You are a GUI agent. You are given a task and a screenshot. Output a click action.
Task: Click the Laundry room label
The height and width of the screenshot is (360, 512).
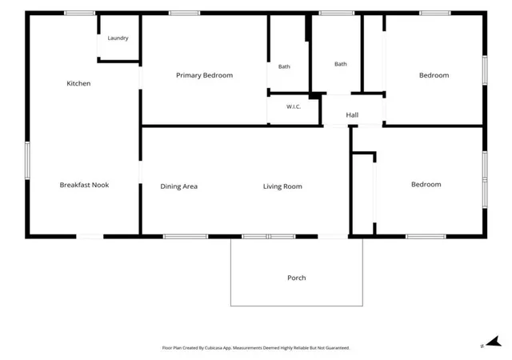click(x=118, y=38)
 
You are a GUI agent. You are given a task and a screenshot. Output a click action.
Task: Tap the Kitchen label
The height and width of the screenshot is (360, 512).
click(x=78, y=83)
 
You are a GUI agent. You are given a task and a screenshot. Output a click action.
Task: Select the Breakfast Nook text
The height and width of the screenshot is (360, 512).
click(x=84, y=185)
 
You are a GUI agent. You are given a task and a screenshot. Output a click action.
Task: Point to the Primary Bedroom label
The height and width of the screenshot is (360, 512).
click(x=205, y=75)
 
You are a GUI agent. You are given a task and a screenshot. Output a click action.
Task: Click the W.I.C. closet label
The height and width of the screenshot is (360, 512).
click(x=294, y=106)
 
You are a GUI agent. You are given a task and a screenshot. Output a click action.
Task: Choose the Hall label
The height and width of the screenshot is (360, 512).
click(x=352, y=115)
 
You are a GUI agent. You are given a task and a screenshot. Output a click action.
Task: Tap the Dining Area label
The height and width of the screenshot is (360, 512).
click(x=179, y=186)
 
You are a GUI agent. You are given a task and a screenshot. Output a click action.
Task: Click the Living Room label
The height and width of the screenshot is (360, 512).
click(x=282, y=186)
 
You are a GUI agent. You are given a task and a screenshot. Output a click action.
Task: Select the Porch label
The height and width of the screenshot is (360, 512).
click(x=297, y=278)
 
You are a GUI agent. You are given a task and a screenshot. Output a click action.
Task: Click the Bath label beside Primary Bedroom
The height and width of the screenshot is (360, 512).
click(x=284, y=66)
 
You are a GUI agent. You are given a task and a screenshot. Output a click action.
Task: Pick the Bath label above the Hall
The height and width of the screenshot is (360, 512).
click(x=341, y=64)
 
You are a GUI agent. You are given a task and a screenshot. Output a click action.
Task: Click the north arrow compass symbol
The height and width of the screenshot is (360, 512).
click(x=494, y=342)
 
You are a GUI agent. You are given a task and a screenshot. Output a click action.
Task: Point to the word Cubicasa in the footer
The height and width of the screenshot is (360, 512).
click(x=214, y=348)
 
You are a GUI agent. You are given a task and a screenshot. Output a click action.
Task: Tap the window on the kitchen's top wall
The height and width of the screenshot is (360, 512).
click(x=79, y=13)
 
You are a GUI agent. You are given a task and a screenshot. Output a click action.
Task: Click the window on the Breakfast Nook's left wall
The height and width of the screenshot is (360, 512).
click(x=27, y=160)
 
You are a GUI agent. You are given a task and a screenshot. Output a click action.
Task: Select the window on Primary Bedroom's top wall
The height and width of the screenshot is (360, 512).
click(x=184, y=13)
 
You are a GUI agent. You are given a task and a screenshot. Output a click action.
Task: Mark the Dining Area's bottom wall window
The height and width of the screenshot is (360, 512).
click(x=186, y=237)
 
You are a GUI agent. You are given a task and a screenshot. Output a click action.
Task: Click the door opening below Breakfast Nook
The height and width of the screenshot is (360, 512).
click(x=90, y=237)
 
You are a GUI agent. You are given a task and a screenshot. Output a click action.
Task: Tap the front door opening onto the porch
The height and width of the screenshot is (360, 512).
click(x=333, y=237)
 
